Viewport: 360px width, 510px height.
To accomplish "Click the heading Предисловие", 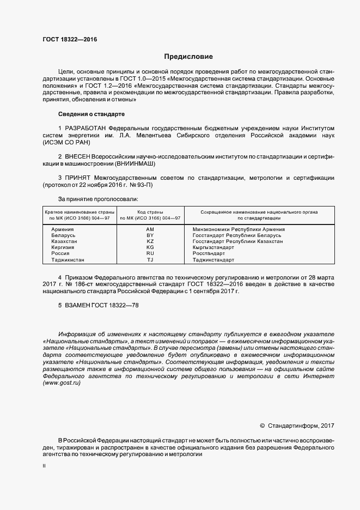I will tap(189, 57).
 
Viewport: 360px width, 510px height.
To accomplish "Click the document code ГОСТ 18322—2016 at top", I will tap(70, 39).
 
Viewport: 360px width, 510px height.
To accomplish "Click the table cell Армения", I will tap(62, 229).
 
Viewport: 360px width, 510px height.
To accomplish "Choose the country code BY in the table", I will tap(150, 235).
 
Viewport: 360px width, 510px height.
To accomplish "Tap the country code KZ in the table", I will tap(150, 241).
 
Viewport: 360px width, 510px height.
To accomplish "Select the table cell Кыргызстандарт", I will tap(213, 247).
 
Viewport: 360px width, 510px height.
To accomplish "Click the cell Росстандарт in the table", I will tap(209, 253).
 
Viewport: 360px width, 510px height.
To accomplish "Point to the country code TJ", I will tap(150, 260).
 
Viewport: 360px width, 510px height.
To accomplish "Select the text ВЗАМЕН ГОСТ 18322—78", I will tap(99, 306).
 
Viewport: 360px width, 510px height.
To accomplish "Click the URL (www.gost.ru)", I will tap(62, 383).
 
